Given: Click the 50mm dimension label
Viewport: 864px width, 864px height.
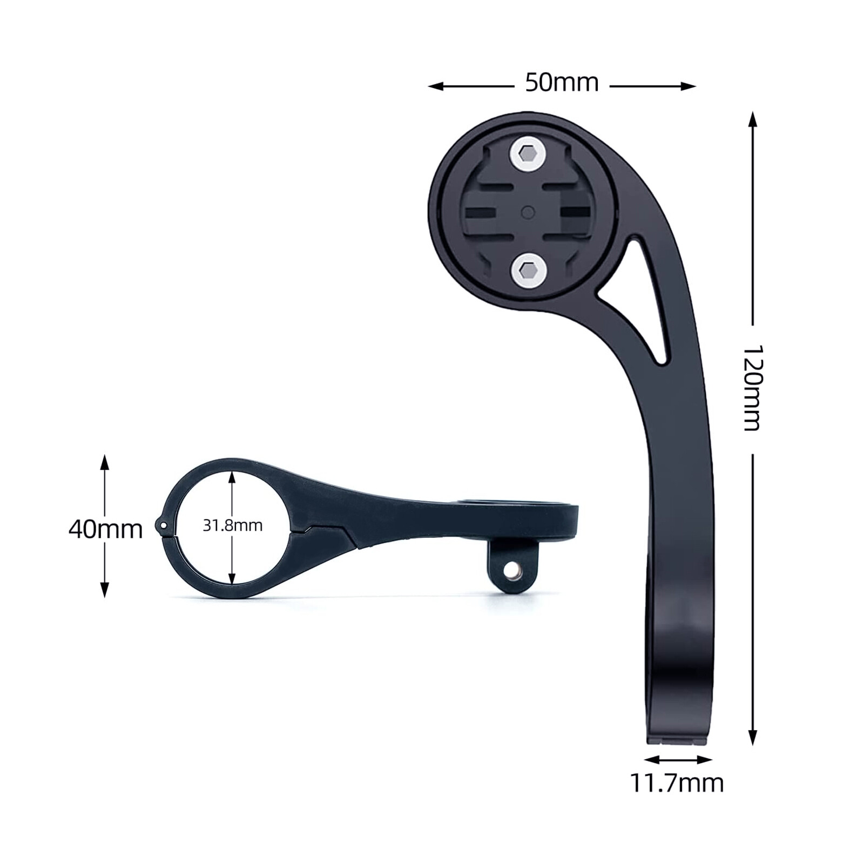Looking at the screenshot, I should pos(562,83).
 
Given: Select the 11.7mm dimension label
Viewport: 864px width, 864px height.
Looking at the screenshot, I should pos(677,782).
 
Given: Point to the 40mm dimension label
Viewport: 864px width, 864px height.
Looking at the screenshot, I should pos(105,529).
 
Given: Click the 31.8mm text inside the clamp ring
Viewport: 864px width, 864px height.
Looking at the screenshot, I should pos(232,525).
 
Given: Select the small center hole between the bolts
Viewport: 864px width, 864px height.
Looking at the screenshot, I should pos(528,212).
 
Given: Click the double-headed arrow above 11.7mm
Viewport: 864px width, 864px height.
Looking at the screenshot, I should pos(678,760).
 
